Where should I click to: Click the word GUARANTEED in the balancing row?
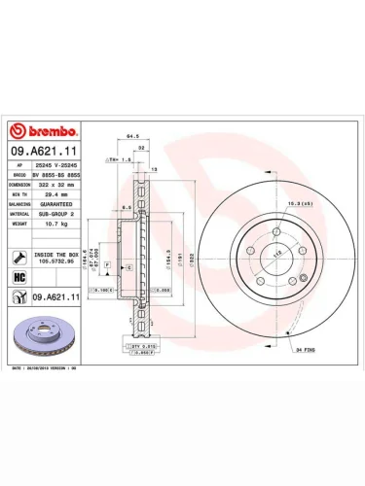tap(59, 204)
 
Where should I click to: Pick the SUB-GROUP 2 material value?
tap(59, 214)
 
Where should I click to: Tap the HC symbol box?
tap(20, 277)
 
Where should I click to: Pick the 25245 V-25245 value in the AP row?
tap(59, 165)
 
